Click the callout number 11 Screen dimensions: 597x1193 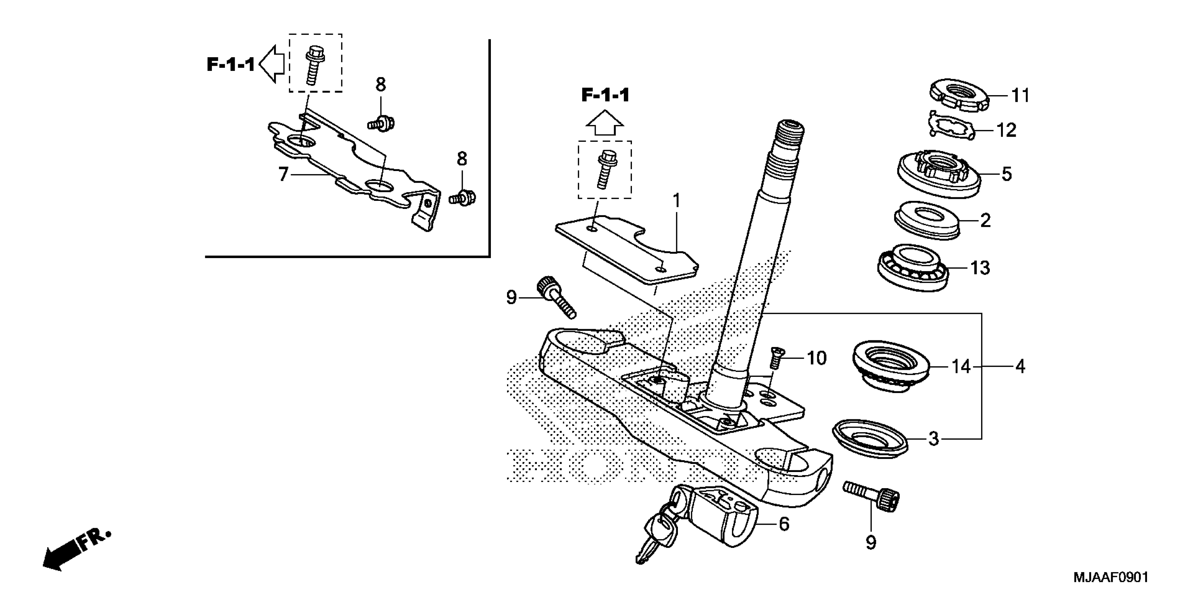click(x=1020, y=96)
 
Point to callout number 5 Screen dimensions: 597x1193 click(x=1006, y=174)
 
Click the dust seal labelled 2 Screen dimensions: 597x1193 click(x=927, y=220)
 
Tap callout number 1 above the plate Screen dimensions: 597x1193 click(x=677, y=201)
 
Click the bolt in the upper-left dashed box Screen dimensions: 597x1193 click(x=315, y=64)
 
